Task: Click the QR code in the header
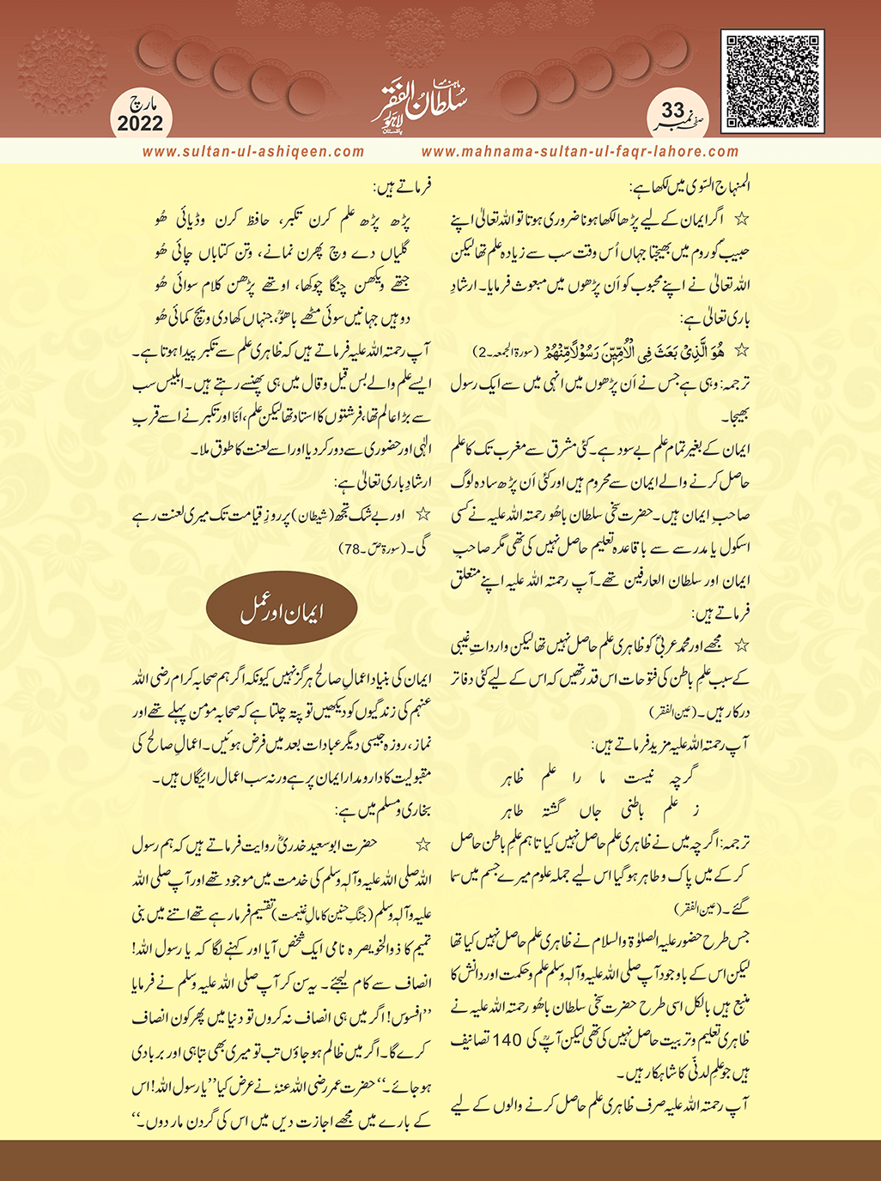click(772, 81)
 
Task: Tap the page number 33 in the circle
click(673, 110)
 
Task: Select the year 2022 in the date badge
click(140, 124)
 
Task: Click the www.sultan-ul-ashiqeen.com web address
click(253, 152)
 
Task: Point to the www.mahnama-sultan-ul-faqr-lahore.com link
click(580, 152)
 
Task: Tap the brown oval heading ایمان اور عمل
click(282, 610)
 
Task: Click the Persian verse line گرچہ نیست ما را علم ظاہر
click(600, 778)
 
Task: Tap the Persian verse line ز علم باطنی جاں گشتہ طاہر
click(600, 809)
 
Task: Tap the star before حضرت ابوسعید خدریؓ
click(422, 845)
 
